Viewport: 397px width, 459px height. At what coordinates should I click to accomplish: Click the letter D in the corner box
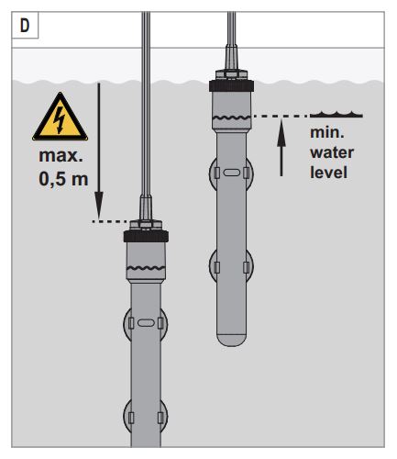[x=25, y=26]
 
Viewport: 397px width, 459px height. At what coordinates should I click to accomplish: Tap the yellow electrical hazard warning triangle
[x=61, y=118]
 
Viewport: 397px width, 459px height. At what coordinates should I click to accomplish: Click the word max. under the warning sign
[x=61, y=155]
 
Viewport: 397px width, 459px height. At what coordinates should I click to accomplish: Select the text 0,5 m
[x=63, y=179]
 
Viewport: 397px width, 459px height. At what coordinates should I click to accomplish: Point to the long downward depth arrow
[x=99, y=151]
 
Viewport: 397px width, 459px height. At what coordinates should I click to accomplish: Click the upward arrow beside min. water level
[x=281, y=148]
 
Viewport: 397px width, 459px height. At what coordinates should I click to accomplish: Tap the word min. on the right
[x=327, y=133]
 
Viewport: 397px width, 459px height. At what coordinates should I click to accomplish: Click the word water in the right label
[x=332, y=152]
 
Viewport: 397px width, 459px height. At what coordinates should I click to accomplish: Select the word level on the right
[x=328, y=173]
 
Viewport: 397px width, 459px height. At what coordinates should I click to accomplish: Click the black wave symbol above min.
[x=336, y=115]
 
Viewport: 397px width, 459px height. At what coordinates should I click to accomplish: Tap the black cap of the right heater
[x=231, y=85]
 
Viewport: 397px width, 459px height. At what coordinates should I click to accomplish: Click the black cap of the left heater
[x=146, y=236]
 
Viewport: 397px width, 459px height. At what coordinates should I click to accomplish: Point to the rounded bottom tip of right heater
[x=231, y=341]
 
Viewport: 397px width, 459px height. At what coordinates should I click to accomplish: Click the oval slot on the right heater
[x=231, y=173]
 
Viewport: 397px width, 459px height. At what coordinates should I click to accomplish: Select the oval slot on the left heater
[x=146, y=323]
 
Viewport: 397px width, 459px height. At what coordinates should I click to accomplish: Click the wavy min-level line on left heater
[x=146, y=268]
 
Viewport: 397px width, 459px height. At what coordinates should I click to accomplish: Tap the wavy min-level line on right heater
[x=231, y=118]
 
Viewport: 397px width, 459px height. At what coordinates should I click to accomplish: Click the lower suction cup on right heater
[x=231, y=266]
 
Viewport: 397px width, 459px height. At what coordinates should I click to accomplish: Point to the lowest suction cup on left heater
[x=146, y=416]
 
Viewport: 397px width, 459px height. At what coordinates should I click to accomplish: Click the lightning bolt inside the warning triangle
[x=60, y=119]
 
